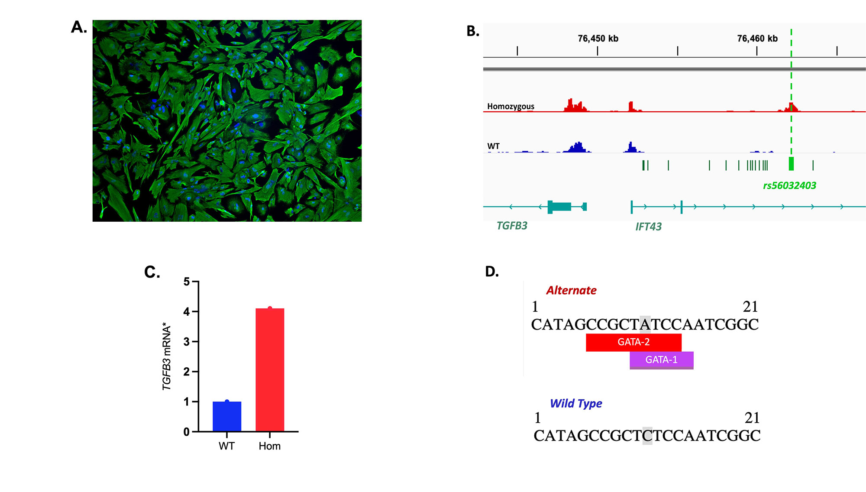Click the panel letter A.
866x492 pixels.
78,27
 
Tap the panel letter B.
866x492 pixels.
472,31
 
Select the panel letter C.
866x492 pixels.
152,272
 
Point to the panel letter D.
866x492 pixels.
492,272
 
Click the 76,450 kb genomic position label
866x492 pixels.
598,39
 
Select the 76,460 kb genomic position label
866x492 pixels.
757,39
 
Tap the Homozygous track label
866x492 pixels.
511,107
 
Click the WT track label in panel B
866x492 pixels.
493,146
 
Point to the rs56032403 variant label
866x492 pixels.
789,186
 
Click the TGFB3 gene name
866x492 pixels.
512,226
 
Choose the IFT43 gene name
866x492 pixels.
648,227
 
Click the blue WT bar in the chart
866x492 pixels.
227,416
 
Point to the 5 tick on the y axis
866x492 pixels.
187,282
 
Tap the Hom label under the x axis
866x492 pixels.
269,446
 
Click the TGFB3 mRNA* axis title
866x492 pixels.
167,356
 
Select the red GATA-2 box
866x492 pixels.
633,342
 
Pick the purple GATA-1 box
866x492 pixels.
661,360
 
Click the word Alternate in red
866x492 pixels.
571,291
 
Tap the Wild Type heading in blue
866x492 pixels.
576,404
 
